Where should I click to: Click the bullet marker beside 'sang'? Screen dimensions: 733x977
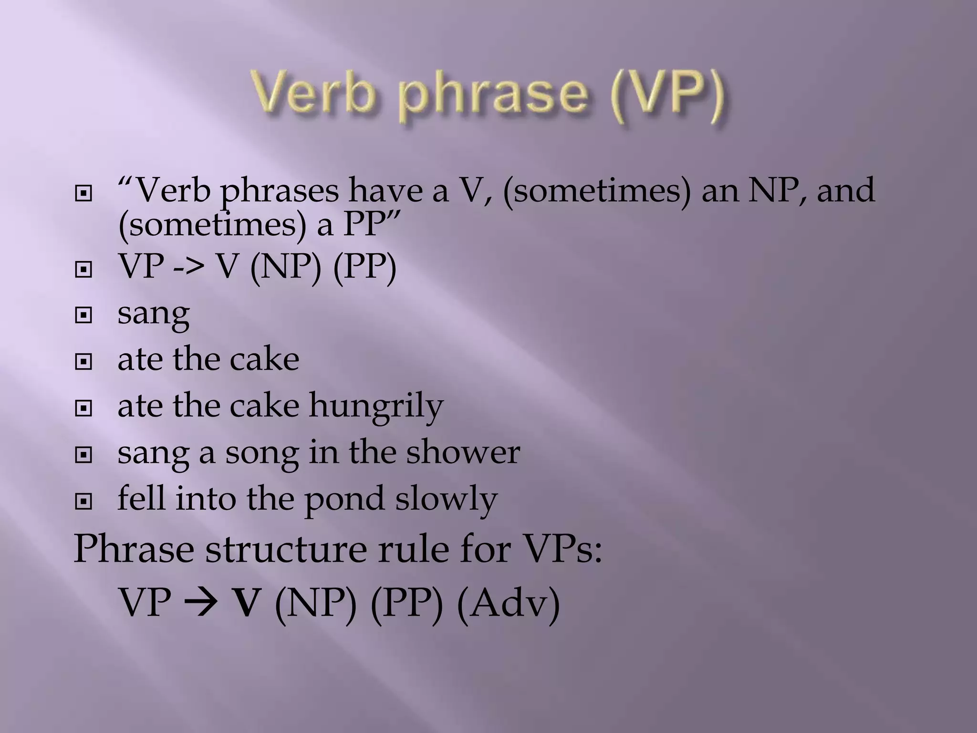click(83, 315)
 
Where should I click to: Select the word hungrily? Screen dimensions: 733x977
click(376, 406)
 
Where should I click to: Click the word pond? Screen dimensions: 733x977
click(344, 499)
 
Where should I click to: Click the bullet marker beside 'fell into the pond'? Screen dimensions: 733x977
click(83, 502)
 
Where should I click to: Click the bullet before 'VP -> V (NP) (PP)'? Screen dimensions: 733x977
click(83, 270)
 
